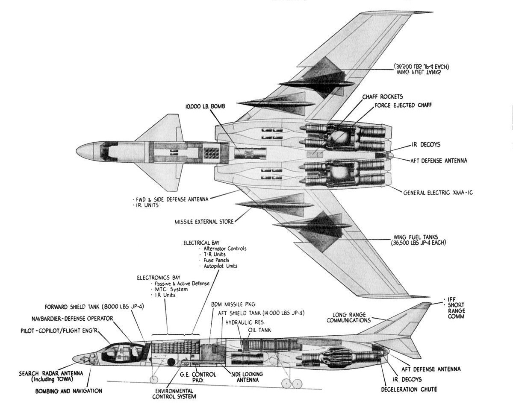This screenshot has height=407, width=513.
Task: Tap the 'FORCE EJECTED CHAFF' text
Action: pyautogui.click(x=401, y=105)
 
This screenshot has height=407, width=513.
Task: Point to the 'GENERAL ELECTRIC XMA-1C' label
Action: pyautogui.click(x=438, y=193)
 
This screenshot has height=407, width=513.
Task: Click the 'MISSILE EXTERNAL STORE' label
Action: pyautogui.click(x=204, y=222)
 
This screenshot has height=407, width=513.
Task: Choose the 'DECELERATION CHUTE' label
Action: pyautogui.click(x=409, y=389)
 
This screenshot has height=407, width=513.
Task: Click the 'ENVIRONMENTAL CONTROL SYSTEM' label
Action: pyautogui.click(x=174, y=393)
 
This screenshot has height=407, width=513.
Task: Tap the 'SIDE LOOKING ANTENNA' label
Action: pyautogui.click(x=247, y=377)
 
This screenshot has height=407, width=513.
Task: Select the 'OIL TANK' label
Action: pyautogui.click(x=259, y=330)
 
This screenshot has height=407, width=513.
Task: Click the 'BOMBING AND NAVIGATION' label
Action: pyautogui.click(x=69, y=390)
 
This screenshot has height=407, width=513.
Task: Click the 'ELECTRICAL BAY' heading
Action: pyautogui.click(x=200, y=243)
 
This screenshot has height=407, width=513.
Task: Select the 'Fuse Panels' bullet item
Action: pyautogui.click(x=215, y=260)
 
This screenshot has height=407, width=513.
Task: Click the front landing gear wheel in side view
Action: pyautogui.click(x=154, y=380)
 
